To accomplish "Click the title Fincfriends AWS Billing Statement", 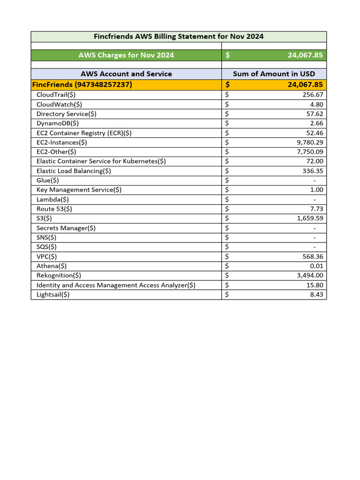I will (179, 37).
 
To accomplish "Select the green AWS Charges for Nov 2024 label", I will (126, 55).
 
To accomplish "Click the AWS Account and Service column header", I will (126, 74).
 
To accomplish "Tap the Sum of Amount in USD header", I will (274, 74).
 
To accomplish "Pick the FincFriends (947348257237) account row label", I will (82, 85).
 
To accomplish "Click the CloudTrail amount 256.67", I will (310, 95).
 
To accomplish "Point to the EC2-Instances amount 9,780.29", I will (306, 142).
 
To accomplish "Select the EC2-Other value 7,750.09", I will (306, 152).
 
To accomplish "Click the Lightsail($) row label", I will (53, 294).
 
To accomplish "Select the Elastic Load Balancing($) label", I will (74, 171).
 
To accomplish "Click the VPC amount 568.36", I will (310, 256).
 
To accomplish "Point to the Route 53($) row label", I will (54, 209).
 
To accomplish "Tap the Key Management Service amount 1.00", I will (316, 190).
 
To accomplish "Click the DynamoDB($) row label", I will (58, 123).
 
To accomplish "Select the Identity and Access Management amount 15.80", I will (312, 285).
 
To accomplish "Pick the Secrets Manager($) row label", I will (66, 228).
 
